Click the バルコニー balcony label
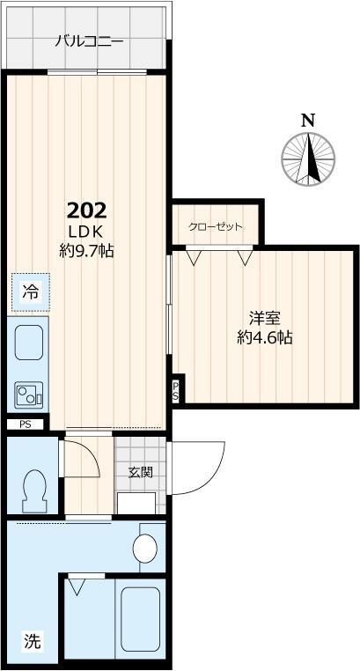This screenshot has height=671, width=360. coord(84,41)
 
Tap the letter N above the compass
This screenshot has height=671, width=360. coord(307,121)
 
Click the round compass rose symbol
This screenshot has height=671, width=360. coord(308,159)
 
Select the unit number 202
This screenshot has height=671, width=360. coord(87,210)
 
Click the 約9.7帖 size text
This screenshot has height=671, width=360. coord(87,250)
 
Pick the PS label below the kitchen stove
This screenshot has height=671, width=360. coord(24,424)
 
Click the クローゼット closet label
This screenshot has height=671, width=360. coord(215,226)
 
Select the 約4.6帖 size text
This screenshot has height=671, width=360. coord(264,338)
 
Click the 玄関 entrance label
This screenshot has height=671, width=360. coord(141,472)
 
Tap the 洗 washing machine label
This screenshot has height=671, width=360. coord(31,641)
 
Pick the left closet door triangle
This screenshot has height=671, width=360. coord(193,258)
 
